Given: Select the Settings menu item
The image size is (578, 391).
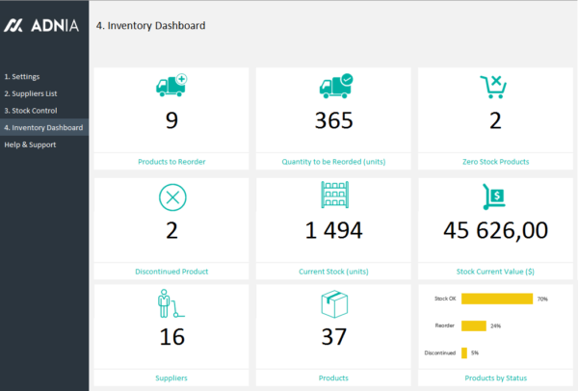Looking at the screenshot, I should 22,76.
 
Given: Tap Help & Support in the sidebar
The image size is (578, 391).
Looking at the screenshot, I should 30,144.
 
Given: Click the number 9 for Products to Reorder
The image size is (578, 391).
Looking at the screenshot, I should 171,120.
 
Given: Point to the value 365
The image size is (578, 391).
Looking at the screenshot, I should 334,120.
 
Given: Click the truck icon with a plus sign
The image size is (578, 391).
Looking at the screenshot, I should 171,86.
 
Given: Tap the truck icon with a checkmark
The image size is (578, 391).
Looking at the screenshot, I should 335,86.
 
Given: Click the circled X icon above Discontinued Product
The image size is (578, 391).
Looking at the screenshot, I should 171,197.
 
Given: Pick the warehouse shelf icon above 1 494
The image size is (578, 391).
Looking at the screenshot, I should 334,196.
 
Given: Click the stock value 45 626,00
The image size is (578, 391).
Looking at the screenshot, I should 496,229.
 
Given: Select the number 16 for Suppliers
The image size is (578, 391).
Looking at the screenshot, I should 171,336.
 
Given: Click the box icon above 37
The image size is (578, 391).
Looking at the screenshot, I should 334,306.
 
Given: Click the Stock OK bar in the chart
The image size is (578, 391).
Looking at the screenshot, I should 497,299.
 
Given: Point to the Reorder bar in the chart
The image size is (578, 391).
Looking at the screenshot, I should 474,326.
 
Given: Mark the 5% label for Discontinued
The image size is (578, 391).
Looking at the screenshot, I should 475,352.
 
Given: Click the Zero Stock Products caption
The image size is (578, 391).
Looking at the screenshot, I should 496,161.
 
